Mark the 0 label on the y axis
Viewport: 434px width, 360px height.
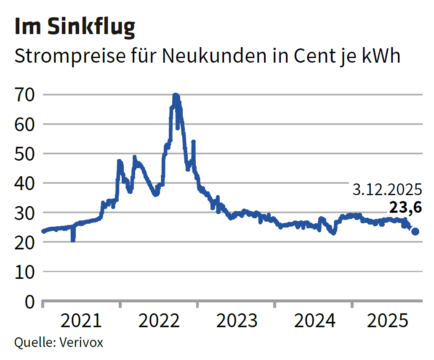(29, 302)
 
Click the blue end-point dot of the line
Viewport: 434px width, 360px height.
(415, 231)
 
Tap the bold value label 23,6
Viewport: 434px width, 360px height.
(405, 208)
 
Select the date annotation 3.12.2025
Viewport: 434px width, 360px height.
(387, 190)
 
